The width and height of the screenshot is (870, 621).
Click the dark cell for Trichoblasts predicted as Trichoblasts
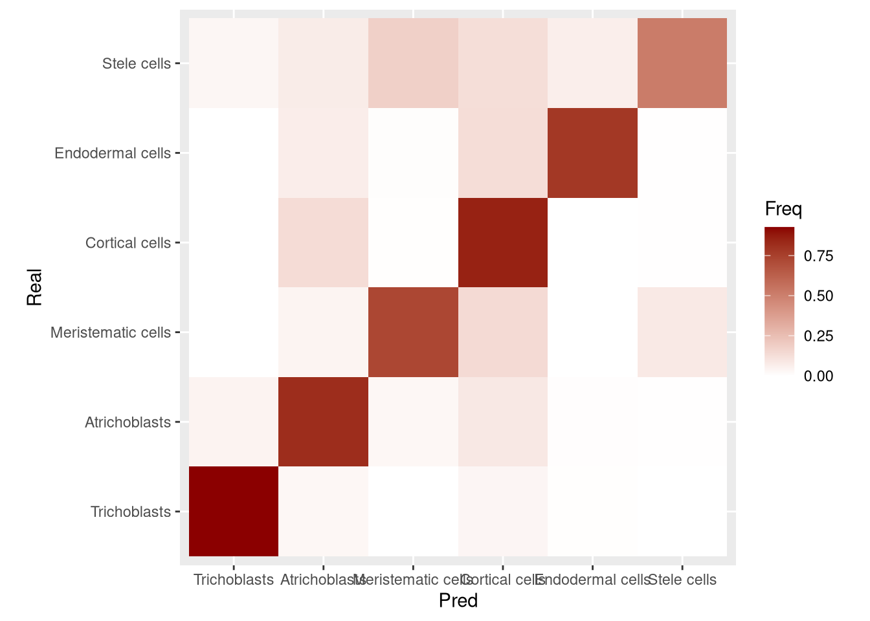[x=234, y=511]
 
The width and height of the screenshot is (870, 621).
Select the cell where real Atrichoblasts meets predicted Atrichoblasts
[x=323, y=422]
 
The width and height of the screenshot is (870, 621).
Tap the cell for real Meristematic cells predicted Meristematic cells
[x=413, y=332]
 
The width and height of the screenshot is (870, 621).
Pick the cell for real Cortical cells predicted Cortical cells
[x=503, y=243]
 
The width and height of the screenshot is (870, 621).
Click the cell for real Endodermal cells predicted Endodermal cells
[x=592, y=153]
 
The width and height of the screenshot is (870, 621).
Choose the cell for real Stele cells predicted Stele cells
[x=682, y=63]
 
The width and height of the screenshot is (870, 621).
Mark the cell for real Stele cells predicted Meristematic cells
[x=413, y=63]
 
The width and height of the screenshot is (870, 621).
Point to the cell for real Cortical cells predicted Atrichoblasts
[x=323, y=243]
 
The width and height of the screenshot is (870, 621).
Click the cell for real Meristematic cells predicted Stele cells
[x=682, y=332]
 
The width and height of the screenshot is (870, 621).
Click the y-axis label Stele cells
[x=137, y=63]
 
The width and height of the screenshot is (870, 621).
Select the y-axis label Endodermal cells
[x=113, y=153]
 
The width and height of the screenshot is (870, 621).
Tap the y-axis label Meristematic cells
[x=111, y=332]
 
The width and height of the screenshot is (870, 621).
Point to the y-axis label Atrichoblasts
[x=128, y=422]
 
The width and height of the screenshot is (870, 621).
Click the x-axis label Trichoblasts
[x=234, y=580]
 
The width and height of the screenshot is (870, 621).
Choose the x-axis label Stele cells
[x=682, y=580]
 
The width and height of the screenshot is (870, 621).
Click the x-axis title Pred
[x=458, y=601]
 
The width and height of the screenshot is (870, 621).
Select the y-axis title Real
[x=34, y=287]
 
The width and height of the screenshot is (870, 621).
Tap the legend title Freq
[x=783, y=209]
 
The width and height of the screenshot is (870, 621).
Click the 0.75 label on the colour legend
[x=818, y=256]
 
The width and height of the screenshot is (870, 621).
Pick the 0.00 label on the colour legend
[x=818, y=376]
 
